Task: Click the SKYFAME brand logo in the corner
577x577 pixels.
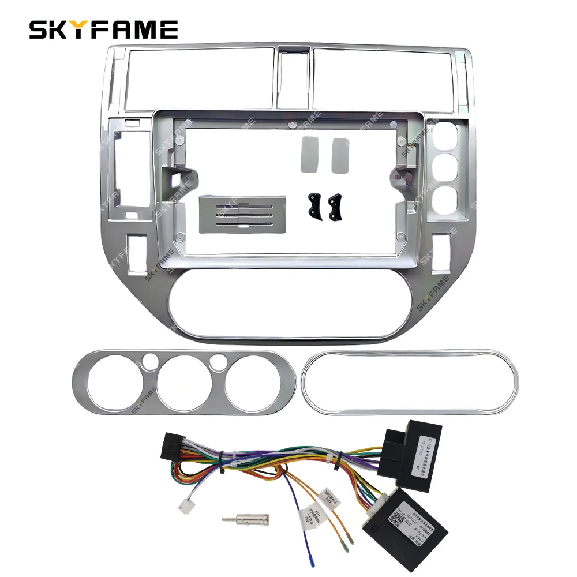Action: point(103,29)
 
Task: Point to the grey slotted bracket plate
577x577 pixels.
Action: point(242,213)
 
